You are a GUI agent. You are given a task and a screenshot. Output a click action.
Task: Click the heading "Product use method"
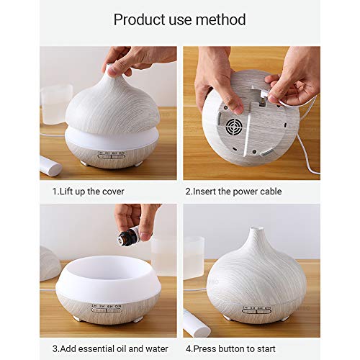click(179, 19)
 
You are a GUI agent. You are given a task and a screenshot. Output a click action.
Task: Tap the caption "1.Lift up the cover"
click(87, 192)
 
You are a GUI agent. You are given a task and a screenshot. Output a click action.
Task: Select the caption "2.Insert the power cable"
click(233, 192)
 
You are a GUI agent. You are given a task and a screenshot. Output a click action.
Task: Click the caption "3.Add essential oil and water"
click(107, 348)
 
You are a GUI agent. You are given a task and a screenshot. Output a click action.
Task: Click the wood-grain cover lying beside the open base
click(49, 263)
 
